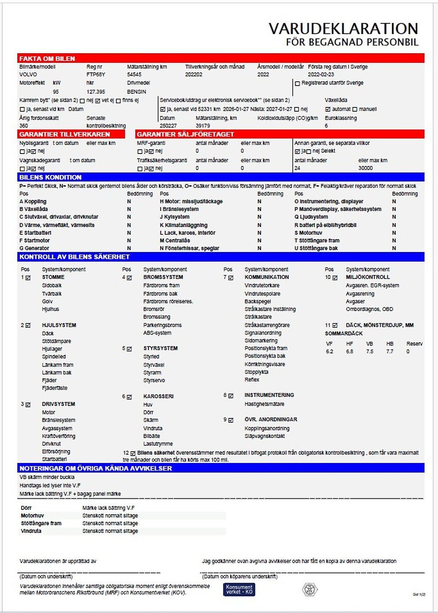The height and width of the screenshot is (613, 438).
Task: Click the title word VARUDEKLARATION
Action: pyautogui.click(x=343, y=29)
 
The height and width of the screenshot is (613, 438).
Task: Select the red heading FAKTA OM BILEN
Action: pyautogui.click(x=47, y=59)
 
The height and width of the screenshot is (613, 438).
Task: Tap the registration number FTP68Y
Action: pyautogui.click(x=96, y=74)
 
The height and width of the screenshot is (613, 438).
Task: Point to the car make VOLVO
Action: pyautogui.click(x=28, y=74)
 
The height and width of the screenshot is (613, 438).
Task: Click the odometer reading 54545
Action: pyautogui.click(x=134, y=74)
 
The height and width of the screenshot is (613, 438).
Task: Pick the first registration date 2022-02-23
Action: pyautogui.click(x=321, y=74)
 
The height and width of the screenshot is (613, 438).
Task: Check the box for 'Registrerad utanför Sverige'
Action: pyautogui.click(x=298, y=83)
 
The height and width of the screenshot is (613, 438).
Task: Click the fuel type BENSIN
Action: pyautogui.click(x=136, y=92)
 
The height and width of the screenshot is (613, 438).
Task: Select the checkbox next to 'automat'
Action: pyautogui.click(x=328, y=110)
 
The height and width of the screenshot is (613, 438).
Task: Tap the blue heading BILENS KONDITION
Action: pyautogui.click(x=50, y=177)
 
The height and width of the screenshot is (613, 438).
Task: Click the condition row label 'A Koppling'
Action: pyautogui.click(x=33, y=201)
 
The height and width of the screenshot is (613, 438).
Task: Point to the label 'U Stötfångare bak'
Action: pyautogui.click(x=316, y=248)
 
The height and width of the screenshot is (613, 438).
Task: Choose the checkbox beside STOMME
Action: pyautogui.click(x=28, y=278)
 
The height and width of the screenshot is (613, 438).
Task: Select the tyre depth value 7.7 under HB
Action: pyautogui.click(x=390, y=352)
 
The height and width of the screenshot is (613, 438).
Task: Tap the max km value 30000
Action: pyautogui.click(x=365, y=168)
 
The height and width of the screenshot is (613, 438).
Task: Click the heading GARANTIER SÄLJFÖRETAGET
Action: pyautogui.click(x=185, y=134)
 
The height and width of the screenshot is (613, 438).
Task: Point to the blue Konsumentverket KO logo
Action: pyautogui.click(x=239, y=589)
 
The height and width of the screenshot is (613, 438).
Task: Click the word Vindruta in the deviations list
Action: pyautogui.click(x=31, y=531)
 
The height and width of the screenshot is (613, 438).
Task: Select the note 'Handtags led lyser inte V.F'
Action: pyautogui.click(x=50, y=486)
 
